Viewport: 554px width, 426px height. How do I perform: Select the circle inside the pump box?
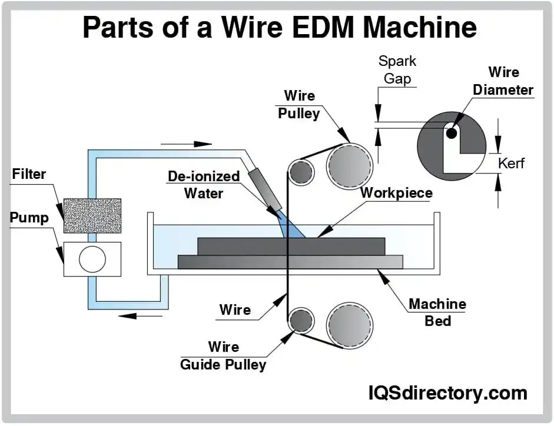pyautogui.click(x=92, y=259)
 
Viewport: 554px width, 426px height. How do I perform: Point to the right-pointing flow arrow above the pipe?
pyautogui.click(x=186, y=144)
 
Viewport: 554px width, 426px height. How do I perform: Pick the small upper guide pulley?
pyautogui.click(x=301, y=171)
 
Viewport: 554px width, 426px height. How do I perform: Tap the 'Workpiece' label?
pyautogui.click(x=396, y=193)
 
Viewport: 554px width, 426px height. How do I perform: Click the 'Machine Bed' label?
pyautogui.click(x=437, y=312)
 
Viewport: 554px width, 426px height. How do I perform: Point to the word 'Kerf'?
pyautogui.click(x=511, y=163)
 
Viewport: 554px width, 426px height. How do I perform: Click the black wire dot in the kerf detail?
pyautogui.click(x=451, y=134)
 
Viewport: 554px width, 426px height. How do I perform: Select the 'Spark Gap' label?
pyautogui.click(x=397, y=69)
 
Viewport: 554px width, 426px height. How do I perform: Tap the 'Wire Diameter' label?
pyautogui.click(x=503, y=81)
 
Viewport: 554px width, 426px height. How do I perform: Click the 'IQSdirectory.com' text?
pyautogui.click(x=448, y=392)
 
